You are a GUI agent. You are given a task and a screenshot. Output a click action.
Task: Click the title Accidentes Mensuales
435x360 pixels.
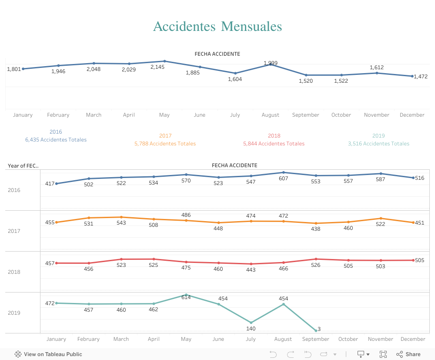(x=217, y=27)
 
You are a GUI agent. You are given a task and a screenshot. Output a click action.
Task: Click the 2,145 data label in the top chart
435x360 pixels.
(x=157, y=67)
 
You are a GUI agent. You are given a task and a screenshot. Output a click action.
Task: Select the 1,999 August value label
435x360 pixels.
(x=271, y=63)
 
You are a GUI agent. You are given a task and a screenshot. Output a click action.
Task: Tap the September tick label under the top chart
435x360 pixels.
(x=305, y=115)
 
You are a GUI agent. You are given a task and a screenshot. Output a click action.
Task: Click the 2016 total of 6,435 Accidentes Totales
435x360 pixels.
(x=56, y=140)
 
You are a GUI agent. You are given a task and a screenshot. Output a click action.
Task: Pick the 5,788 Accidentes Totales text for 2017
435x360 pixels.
(x=165, y=144)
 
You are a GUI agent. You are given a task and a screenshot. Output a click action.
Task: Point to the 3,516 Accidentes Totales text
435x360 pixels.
(x=378, y=144)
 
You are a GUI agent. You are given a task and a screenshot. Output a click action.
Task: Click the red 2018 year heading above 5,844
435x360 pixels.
(x=274, y=136)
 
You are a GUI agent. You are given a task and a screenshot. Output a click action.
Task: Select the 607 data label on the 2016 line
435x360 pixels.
(x=284, y=178)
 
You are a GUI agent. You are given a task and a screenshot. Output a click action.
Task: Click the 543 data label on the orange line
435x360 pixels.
(x=121, y=223)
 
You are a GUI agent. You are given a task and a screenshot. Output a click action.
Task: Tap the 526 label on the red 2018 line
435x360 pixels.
(x=316, y=265)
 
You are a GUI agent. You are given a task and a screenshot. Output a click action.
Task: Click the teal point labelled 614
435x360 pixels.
(x=186, y=295)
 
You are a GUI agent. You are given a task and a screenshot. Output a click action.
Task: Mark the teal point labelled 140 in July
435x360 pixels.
(x=251, y=323)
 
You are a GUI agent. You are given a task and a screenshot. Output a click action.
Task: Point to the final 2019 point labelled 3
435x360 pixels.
(x=316, y=331)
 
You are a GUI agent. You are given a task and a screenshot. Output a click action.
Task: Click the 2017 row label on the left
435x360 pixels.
(x=14, y=231)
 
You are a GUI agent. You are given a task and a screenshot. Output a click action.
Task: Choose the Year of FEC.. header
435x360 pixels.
(x=23, y=165)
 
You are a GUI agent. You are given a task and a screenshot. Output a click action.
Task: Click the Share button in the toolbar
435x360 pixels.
(x=408, y=354)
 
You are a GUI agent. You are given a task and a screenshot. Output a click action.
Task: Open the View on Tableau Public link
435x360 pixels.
(x=48, y=354)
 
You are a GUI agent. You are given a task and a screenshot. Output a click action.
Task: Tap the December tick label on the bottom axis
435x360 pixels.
(x=413, y=339)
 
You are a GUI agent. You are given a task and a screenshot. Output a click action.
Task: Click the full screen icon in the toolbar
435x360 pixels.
(x=383, y=354)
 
